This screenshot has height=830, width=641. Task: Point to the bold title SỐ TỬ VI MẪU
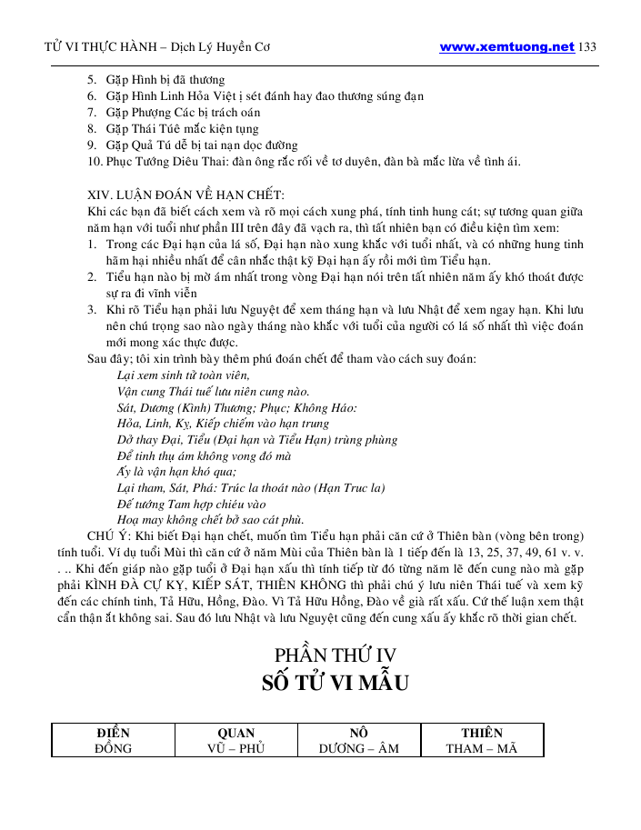coord(336,682)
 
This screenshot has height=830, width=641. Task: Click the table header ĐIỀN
coord(113,733)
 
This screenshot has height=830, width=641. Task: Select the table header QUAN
coord(235,733)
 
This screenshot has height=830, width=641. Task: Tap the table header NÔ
coord(358,733)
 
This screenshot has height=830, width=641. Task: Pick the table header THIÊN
coord(481,733)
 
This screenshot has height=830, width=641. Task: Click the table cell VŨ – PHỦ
coord(235,748)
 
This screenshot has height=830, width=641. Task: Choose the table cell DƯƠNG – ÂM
coord(358,748)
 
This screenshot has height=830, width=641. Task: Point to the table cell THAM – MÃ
coord(481,748)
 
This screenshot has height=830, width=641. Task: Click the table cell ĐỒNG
coord(113,748)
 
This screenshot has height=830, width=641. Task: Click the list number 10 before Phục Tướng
coord(95,162)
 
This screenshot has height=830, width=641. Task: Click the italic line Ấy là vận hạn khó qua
coord(176,471)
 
